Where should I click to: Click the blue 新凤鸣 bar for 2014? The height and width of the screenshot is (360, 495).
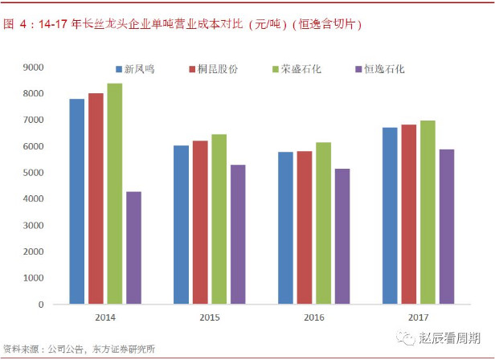(76, 202)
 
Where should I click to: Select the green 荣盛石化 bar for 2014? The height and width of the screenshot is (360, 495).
(115, 194)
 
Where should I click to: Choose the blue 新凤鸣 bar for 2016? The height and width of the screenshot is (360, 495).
(285, 228)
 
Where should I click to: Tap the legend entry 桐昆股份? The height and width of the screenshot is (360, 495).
(212, 69)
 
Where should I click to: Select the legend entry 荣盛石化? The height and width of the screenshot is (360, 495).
(296, 69)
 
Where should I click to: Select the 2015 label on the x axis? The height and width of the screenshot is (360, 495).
(210, 317)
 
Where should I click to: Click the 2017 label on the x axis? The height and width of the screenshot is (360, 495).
(418, 317)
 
